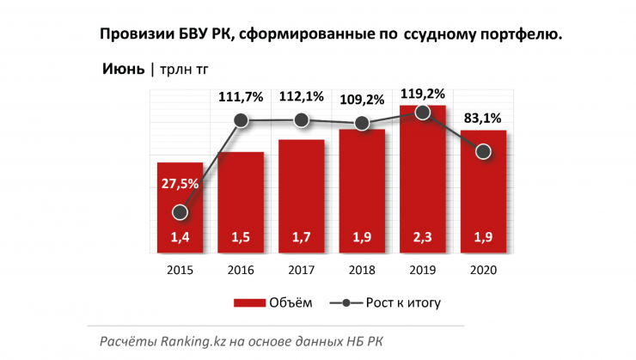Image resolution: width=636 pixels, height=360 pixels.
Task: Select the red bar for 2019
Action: click(x=422, y=180)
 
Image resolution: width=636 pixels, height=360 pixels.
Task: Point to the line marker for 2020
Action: click(x=483, y=152)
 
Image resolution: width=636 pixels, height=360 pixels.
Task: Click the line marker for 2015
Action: click(x=180, y=211)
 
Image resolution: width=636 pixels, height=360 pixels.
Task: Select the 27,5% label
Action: click(x=180, y=183)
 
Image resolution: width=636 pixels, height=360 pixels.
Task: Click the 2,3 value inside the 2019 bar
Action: click(x=422, y=238)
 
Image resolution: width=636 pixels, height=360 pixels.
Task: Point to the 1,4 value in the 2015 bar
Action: click(x=180, y=238)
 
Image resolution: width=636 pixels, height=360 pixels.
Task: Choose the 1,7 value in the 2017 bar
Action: click(x=301, y=238)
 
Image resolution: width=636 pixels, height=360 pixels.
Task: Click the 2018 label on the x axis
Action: click(x=362, y=270)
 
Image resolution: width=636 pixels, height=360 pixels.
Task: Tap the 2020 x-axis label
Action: click(x=483, y=270)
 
